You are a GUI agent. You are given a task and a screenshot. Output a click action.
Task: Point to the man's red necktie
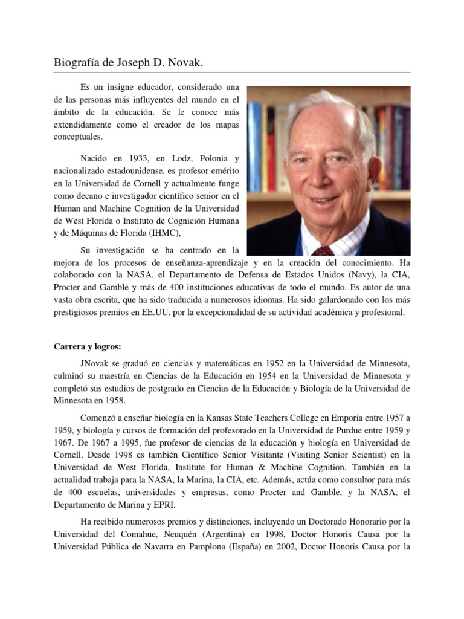[x=325, y=251]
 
